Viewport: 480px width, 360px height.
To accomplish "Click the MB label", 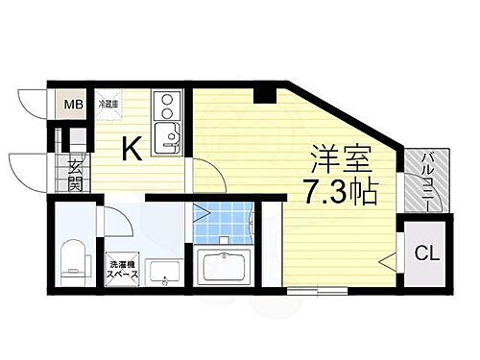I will tap(74, 105).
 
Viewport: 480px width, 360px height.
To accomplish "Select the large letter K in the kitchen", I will tap(132, 149).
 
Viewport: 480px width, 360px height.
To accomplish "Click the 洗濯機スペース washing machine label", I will tap(122, 269).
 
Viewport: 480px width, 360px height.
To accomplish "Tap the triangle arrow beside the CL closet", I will tap(387, 258).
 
